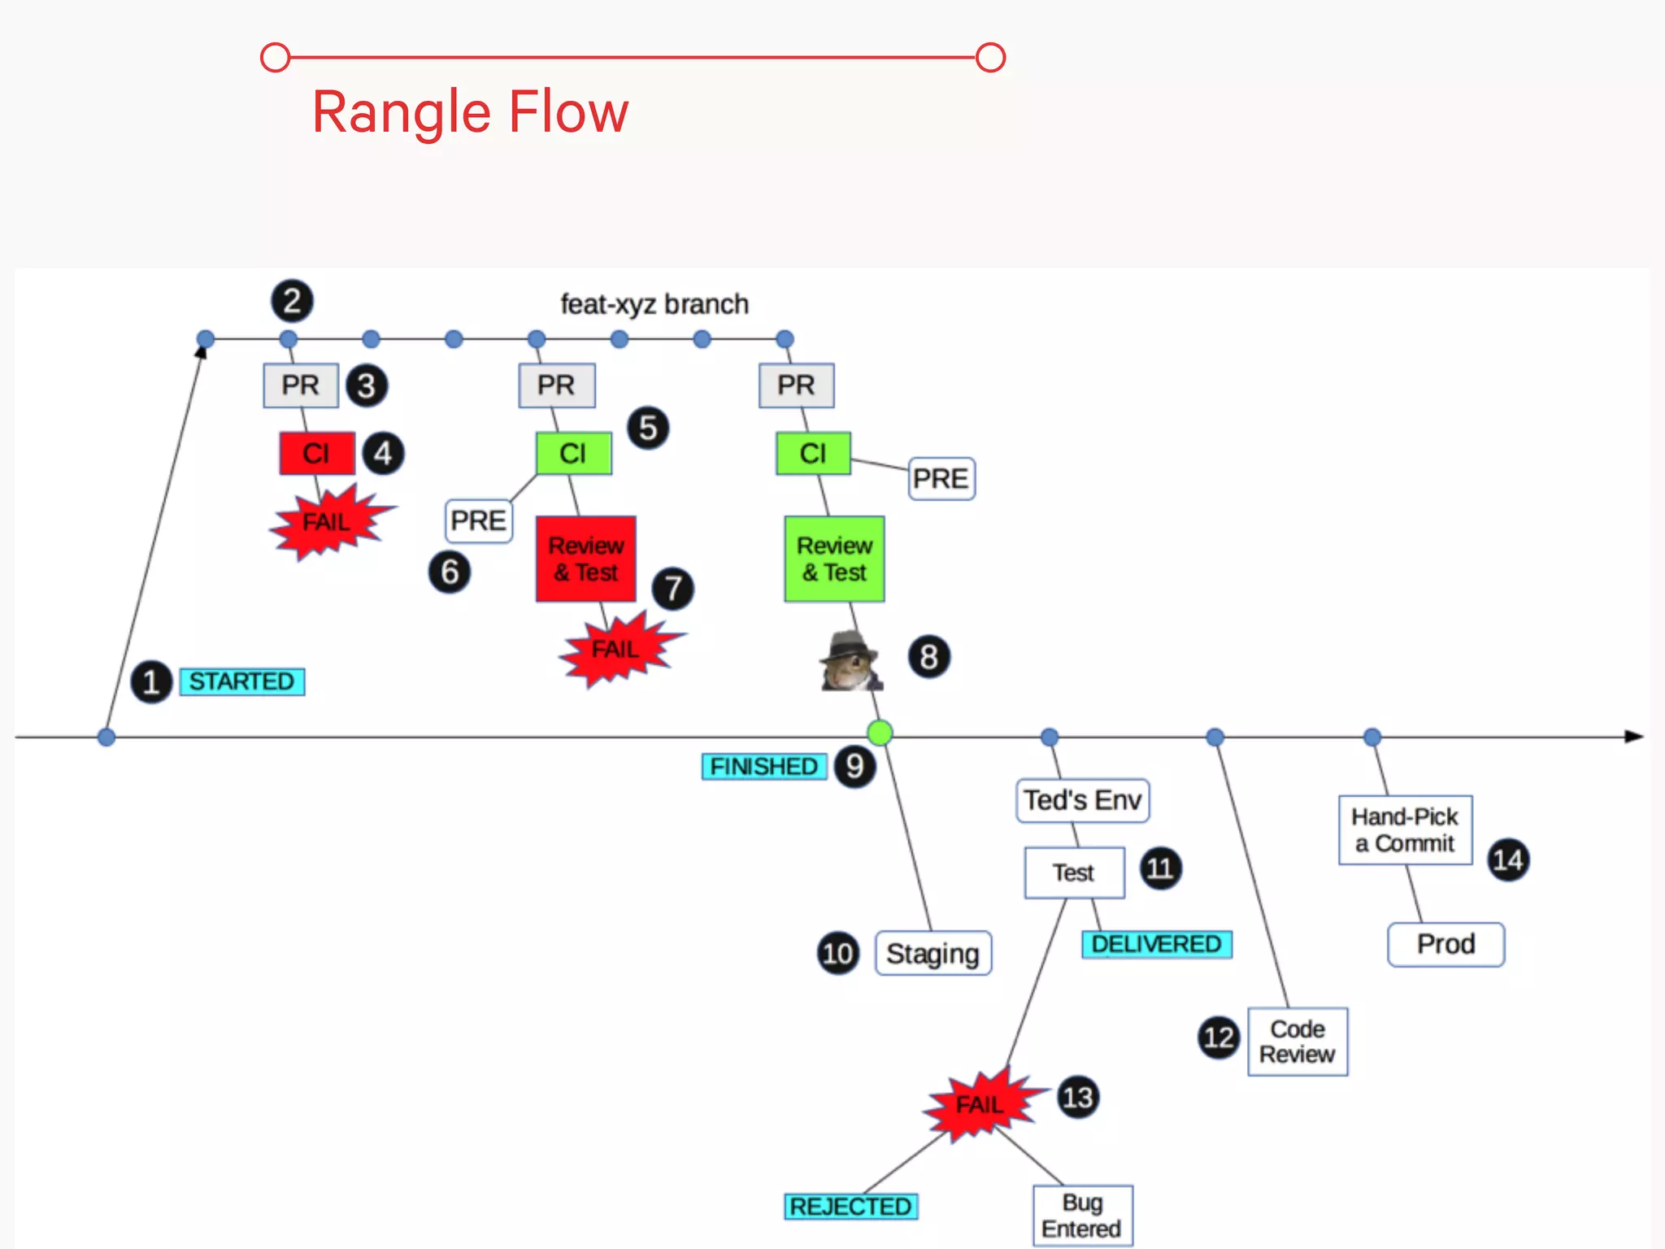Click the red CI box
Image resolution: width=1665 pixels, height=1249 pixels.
pyautogui.click(x=317, y=453)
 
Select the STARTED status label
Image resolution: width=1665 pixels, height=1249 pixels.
pyautogui.click(x=241, y=681)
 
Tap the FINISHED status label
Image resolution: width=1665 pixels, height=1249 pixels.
pyautogui.click(x=763, y=766)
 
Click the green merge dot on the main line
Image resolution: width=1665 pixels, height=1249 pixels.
pyautogui.click(x=880, y=733)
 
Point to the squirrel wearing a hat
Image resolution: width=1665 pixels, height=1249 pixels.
pyautogui.click(x=849, y=662)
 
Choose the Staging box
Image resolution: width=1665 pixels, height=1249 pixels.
pyautogui.click(x=932, y=953)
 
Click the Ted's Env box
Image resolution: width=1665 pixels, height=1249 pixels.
pyautogui.click(x=1082, y=800)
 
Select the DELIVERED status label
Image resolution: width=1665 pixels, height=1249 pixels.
pyautogui.click(x=1156, y=944)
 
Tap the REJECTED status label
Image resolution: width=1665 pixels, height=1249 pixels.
pyautogui.click(x=850, y=1206)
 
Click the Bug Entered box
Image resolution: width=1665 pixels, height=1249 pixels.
pyautogui.click(x=1082, y=1216)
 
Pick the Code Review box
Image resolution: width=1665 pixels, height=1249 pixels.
pyautogui.click(x=1298, y=1042)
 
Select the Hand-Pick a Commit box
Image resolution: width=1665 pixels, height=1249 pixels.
pyautogui.click(x=1405, y=829)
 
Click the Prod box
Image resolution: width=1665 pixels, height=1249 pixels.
pyautogui.click(x=1445, y=944)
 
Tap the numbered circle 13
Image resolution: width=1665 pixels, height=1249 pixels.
pyautogui.click(x=1078, y=1098)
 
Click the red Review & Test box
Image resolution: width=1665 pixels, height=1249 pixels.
pyautogui.click(x=585, y=559)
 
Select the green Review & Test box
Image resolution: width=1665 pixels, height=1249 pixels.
pyautogui.click(x=834, y=559)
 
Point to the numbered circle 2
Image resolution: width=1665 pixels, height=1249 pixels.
pyautogui.click(x=292, y=301)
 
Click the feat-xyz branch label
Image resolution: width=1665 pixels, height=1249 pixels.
pyautogui.click(x=654, y=304)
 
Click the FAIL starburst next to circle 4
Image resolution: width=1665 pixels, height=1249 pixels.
pyautogui.click(x=328, y=521)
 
